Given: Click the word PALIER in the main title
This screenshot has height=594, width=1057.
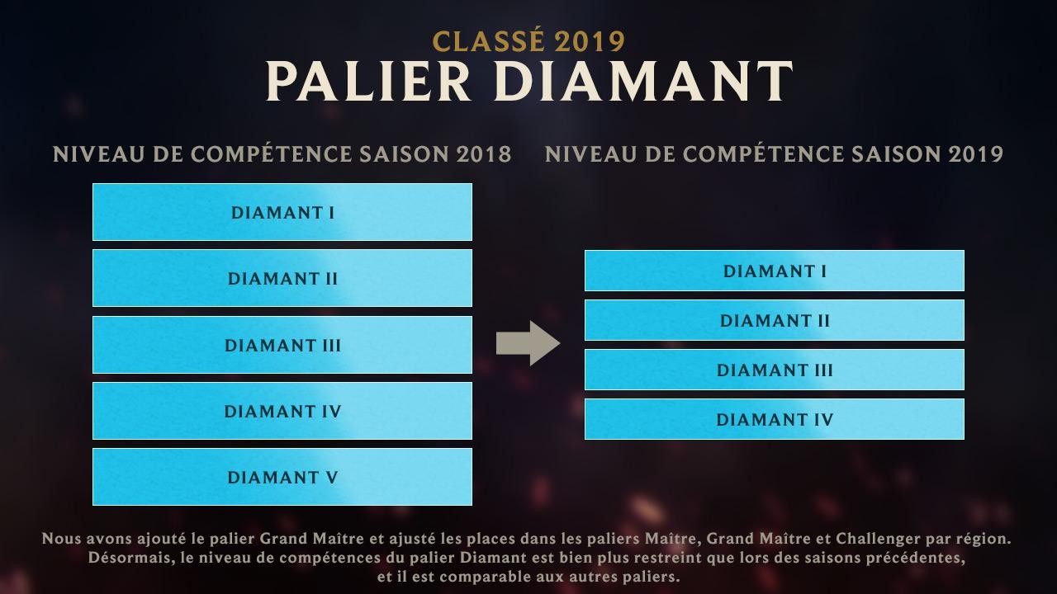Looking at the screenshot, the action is click(368, 82).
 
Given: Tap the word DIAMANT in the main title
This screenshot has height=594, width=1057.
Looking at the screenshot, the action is click(643, 82).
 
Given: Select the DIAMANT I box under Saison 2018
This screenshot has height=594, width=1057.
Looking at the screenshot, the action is click(282, 212).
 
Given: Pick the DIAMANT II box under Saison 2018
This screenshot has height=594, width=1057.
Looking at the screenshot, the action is click(282, 278).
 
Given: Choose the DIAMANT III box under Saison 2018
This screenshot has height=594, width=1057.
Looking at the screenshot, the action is click(282, 345).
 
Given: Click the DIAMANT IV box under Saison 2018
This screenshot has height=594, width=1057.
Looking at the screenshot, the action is click(282, 411).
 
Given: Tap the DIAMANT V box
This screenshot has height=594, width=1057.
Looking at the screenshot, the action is click(282, 477).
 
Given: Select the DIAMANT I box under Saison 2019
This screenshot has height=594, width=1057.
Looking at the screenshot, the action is click(775, 271).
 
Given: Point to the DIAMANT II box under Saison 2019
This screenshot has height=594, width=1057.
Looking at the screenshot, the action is click(775, 320).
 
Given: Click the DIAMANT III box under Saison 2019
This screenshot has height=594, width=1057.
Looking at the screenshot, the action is click(775, 370).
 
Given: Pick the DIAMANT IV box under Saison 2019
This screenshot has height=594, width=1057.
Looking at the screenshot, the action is click(775, 419).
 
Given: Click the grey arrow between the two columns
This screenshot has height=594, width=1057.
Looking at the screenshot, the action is click(528, 343).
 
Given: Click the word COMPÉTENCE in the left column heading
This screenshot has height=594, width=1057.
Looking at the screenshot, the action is click(271, 154).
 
